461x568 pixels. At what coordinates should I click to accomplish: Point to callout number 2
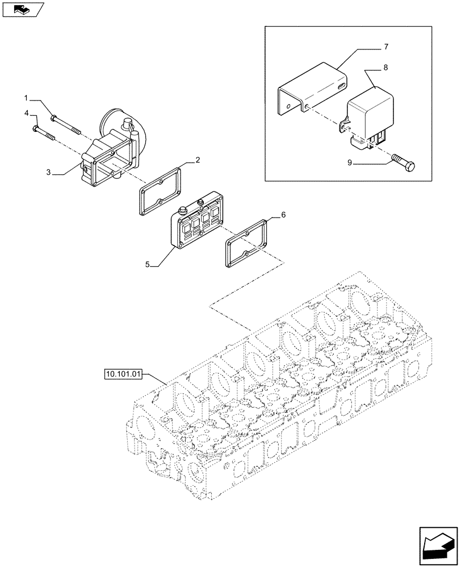tap(198, 161)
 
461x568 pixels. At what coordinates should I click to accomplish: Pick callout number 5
tap(148, 264)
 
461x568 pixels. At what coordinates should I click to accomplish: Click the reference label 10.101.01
tap(122, 374)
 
